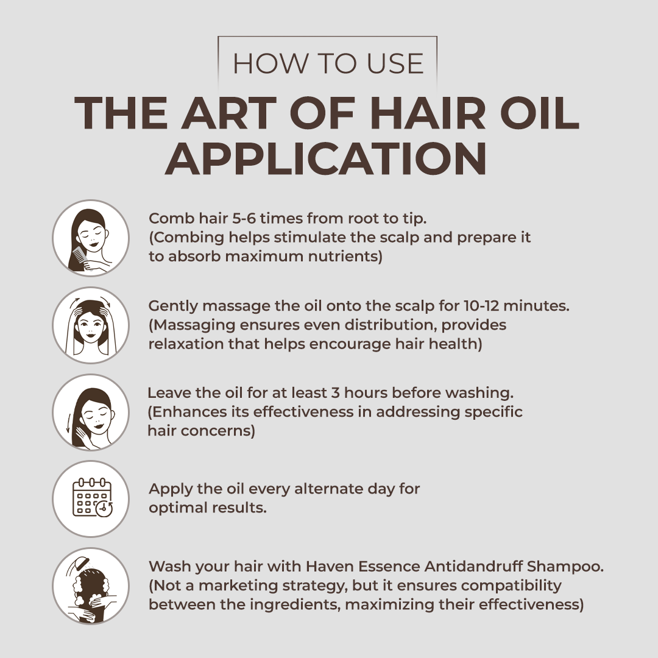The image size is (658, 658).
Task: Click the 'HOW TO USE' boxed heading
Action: pyautogui.click(x=328, y=64)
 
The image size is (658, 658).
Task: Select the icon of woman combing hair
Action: pyautogui.click(x=91, y=238)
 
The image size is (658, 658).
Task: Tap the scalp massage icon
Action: pyautogui.click(x=91, y=325)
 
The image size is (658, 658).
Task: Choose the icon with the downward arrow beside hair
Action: pyautogui.click(x=91, y=412)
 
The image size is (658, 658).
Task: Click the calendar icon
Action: pyautogui.click(x=91, y=499)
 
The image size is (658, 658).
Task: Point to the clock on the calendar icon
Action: pyautogui.click(x=104, y=508)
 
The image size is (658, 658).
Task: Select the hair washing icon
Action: pyautogui.click(x=91, y=586)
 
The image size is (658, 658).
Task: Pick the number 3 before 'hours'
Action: pyautogui.click(x=334, y=393)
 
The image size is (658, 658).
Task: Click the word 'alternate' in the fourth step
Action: pyautogui.click(x=321, y=489)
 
